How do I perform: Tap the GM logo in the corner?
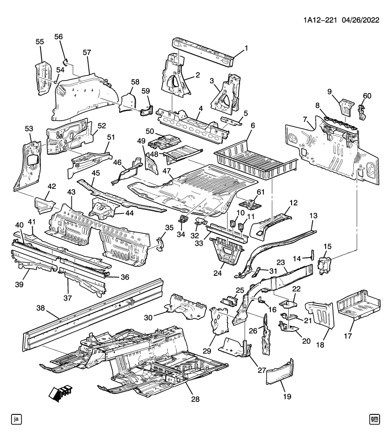pyautogui.click(x=374, y=419)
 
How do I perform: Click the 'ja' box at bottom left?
pyautogui.click(x=17, y=419)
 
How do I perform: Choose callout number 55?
pyautogui.click(x=40, y=41)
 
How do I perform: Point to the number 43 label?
pyautogui.click(x=71, y=191)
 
